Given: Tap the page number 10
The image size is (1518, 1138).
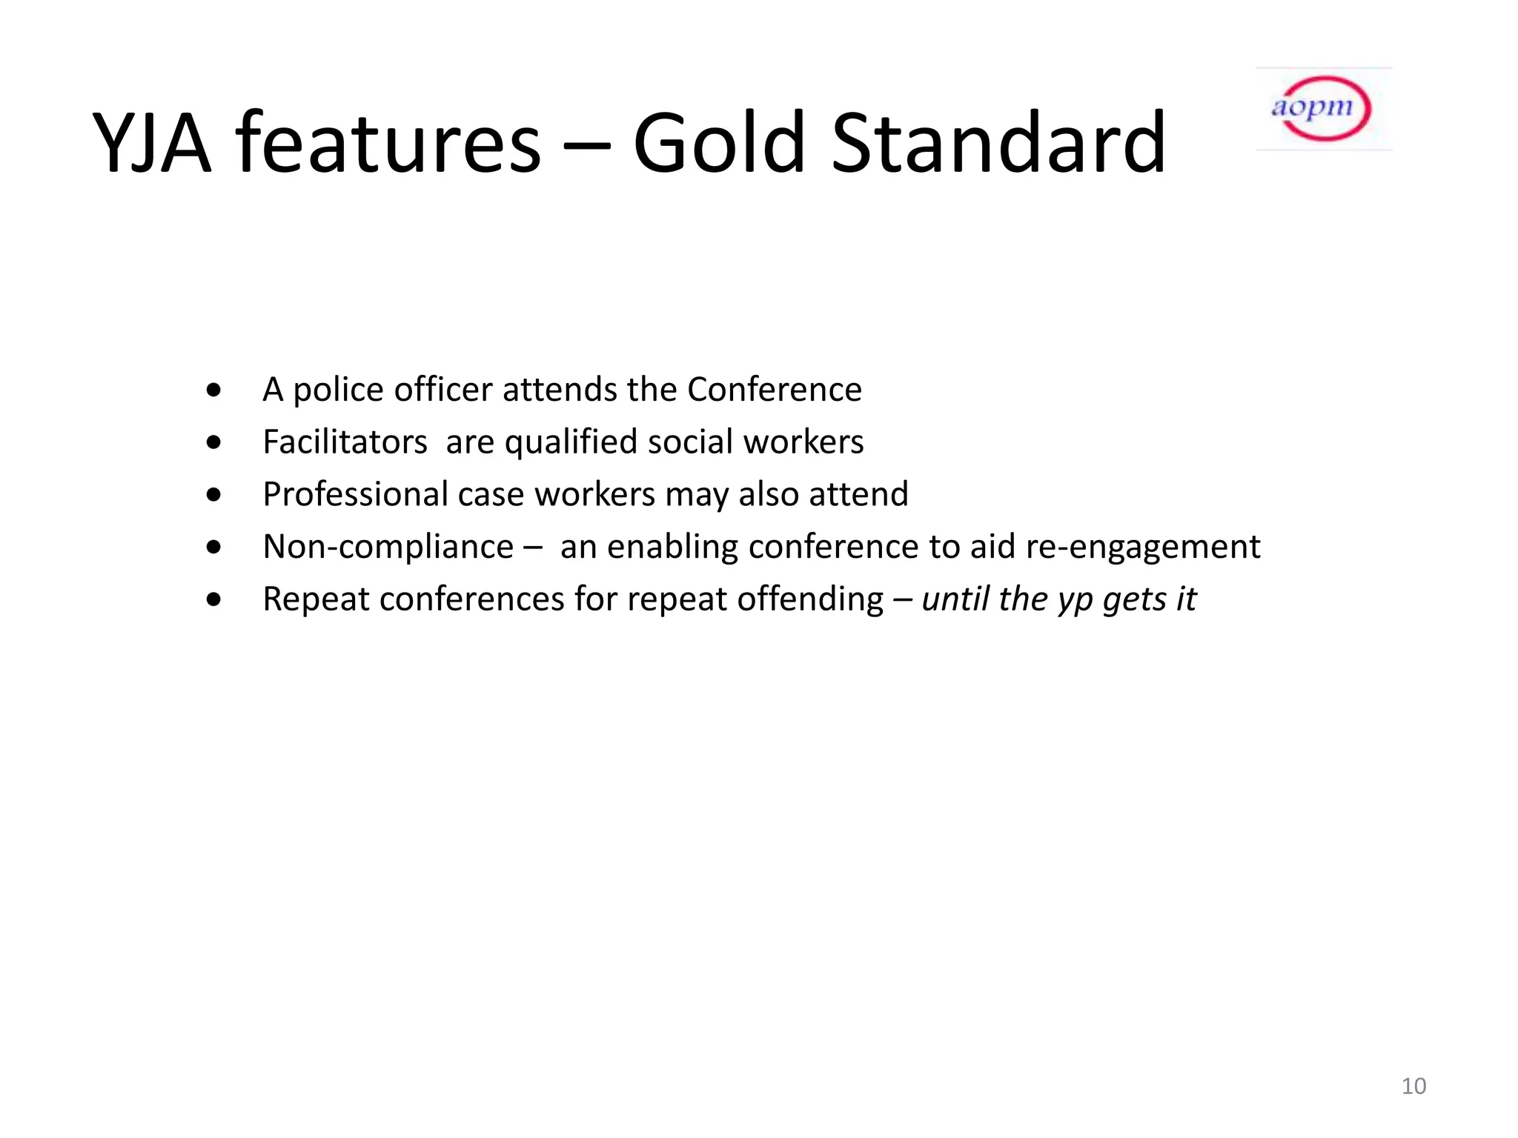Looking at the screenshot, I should tap(1413, 1086).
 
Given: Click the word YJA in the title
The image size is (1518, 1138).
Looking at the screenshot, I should tap(152, 143).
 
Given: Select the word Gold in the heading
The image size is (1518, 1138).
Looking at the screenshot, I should tap(718, 143).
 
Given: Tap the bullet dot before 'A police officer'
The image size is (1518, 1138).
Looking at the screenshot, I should tap(214, 390).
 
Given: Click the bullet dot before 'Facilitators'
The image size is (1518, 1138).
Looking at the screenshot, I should tap(214, 443).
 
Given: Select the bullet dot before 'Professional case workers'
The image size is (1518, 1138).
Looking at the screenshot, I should tap(214, 495).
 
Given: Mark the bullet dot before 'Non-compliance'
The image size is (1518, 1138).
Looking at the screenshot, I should tap(214, 548).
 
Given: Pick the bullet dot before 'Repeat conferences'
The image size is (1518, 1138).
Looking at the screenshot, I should tap(214, 599).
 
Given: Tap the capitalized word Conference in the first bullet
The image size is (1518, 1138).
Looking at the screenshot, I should tap(774, 390).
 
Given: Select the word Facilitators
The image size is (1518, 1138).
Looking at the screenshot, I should tap(345, 442).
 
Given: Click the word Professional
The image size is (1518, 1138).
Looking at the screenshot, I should tap(355, 495).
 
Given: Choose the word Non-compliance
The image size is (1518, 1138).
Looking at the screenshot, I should tap(388, 548).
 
